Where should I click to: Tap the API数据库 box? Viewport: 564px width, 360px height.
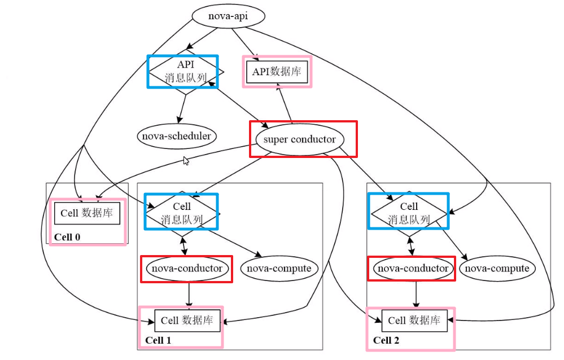[277, 72]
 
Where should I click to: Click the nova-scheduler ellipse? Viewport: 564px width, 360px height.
[177, 137]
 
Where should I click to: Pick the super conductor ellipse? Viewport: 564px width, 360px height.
[299, 139]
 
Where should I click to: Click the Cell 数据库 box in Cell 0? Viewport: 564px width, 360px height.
[87, 214]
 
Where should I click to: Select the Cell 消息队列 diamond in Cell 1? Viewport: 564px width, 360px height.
[182, 213]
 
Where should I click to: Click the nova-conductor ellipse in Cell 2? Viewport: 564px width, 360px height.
[413, 269]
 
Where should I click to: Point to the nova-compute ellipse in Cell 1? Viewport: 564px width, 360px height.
[278, 269]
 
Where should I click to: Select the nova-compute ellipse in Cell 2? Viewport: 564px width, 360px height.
[496, 269]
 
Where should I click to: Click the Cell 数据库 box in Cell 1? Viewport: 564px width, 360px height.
[187, 321]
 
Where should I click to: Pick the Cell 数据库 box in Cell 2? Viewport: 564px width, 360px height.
[414, 321]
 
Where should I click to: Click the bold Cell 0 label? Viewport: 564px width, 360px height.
[67, 237]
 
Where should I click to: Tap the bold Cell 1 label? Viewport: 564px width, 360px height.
[158, 340]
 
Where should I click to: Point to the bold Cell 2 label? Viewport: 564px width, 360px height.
[386, 340]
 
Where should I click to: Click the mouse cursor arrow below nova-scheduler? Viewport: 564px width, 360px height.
[186, 161]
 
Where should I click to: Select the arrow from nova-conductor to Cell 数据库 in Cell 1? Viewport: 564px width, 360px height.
[189, 295]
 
